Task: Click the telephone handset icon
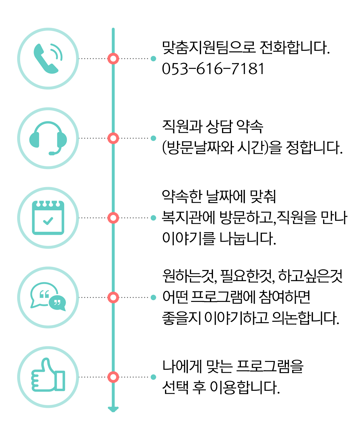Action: pos(47,59)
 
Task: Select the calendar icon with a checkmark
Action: pos(48,218)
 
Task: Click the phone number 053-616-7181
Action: pos(213,69)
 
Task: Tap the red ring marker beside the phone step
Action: pos(113,59)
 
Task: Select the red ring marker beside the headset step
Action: pos(113,138)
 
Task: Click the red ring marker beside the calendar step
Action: pos(113,218)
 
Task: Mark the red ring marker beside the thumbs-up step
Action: pos(113,377)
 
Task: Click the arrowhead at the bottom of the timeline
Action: pos(113,409)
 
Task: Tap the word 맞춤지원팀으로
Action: pos(209,47)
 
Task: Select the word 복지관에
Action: pos(189,218)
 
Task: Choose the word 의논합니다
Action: pos(306,318)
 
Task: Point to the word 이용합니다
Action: pos(245,387)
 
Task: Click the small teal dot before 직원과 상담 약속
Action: pos(153,138)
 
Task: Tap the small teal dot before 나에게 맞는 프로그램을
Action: pos(153,377)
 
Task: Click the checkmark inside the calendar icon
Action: pos(48,221)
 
